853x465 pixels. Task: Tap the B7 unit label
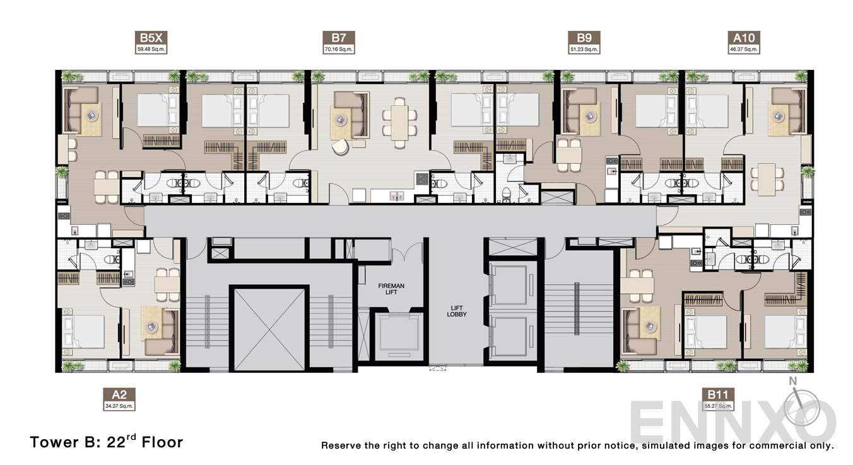339,37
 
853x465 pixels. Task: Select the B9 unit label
584,37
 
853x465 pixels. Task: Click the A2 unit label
119,394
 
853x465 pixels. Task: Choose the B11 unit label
718,395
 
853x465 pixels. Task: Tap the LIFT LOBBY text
457,310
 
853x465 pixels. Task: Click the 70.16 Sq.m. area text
339,49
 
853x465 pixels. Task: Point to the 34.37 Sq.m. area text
119,406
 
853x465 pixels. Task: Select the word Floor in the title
162,442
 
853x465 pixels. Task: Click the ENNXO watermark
732,419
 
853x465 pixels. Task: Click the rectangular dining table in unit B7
399,122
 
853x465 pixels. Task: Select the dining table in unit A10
767,179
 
